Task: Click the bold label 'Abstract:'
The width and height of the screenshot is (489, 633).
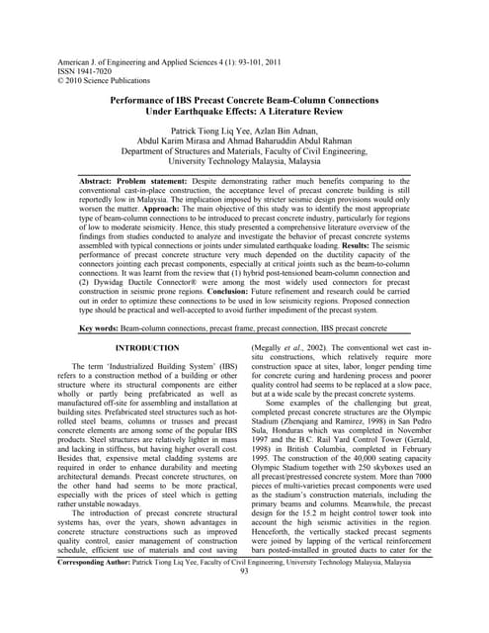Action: click(100, 184)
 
